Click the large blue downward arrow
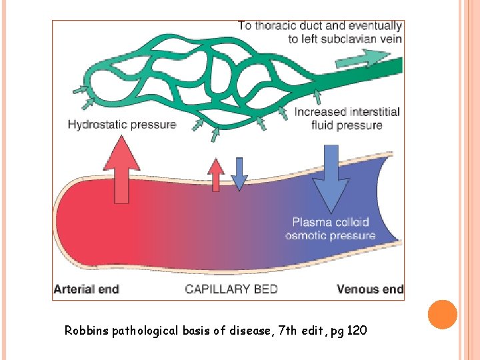[x=331, y=177]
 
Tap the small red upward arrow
[x=215, y=175]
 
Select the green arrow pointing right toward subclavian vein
[x=351, y=62]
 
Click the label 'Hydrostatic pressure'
[x=122, y=124]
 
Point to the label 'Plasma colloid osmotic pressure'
[x=330, y=228]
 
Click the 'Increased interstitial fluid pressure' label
[x=347, y=118]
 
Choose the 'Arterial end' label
[x=86, y=289]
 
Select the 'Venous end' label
[x=370, y=289]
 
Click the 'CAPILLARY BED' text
[x=231, y=289]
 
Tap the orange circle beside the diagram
[x=442, y=314]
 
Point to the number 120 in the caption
[x=357, y=331]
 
